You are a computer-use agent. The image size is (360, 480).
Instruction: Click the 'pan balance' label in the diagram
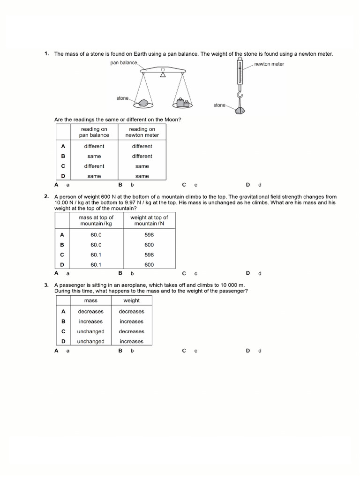tap(124, 62)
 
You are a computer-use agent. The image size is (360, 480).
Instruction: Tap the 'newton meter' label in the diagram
tap(269, 64)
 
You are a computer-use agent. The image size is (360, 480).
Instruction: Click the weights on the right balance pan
tap(183, 102)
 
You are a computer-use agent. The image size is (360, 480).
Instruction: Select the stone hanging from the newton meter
tap(240, 111)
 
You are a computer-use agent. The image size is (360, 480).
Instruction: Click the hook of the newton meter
tap(240, 97)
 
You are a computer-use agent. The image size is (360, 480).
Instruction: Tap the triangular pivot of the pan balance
tap(163, 75)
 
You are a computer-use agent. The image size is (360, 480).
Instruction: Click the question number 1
tap(46, 54)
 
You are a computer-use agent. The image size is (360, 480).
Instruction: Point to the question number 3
tap(46, 285)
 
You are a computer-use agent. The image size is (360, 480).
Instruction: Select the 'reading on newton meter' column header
tap(142, 132)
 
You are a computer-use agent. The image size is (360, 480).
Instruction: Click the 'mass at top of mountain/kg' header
tap(96, 220)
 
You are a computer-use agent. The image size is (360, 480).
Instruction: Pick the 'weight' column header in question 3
tap(132, 300)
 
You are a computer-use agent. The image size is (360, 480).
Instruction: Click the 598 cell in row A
tap(149, 235)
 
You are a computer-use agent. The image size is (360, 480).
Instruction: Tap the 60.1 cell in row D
tap(96, 264)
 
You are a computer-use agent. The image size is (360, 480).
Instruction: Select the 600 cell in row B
tap(149, 245)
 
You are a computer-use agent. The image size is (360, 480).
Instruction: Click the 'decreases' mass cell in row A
tap(90, 311)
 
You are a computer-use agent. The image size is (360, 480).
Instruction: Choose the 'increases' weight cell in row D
tap(132, 341)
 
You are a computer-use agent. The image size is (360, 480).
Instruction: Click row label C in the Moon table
tap(63, 166)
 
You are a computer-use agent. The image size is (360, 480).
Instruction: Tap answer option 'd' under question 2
tap(260, 273)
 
